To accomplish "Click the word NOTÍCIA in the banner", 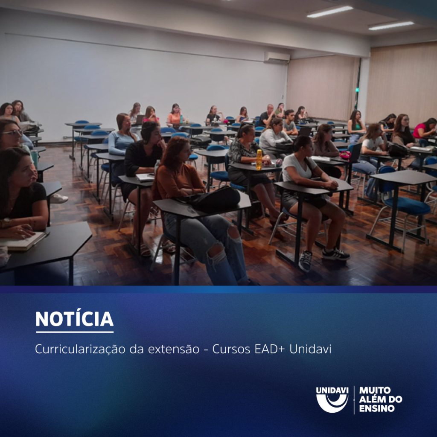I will coord(74,319).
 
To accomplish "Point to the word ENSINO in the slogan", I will coord(377,408).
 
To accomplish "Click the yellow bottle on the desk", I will coord(259,159).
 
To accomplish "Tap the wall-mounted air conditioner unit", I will coord(277,58).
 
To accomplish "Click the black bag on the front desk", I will coord(215,199).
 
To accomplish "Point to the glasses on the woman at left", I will coord(13,133).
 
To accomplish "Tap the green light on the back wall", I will coord(357,90).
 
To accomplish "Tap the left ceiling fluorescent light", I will coord(330,12).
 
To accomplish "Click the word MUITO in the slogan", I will coord(375,390).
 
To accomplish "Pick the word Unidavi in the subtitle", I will coord(310,349).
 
